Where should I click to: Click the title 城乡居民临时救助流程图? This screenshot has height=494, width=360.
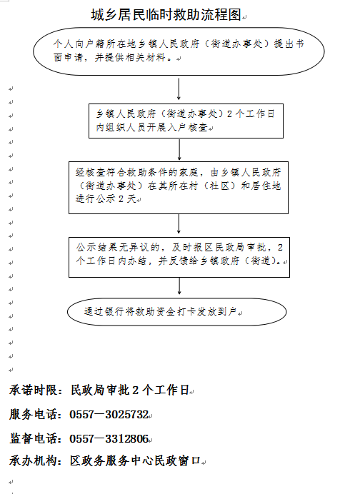point(166,14)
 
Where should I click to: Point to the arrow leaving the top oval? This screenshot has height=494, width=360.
point(179,89)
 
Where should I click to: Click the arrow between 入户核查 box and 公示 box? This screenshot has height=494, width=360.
point(179,150)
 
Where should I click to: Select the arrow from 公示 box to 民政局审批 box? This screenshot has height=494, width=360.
point(179,224)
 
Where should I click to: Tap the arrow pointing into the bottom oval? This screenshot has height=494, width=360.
point(179,286)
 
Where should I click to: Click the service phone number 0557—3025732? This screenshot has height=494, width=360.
point(109,414)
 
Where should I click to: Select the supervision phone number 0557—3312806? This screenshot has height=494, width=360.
point(109,438)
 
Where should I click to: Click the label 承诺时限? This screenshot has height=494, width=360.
point(33,390)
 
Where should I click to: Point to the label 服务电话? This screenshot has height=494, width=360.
point(33,414)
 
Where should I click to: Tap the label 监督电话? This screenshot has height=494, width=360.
point(33,438)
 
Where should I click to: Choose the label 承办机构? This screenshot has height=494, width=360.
point(33,461)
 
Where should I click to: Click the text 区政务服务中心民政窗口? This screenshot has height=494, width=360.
point(135,461)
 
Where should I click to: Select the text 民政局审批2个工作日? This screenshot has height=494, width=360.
point(129,390)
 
